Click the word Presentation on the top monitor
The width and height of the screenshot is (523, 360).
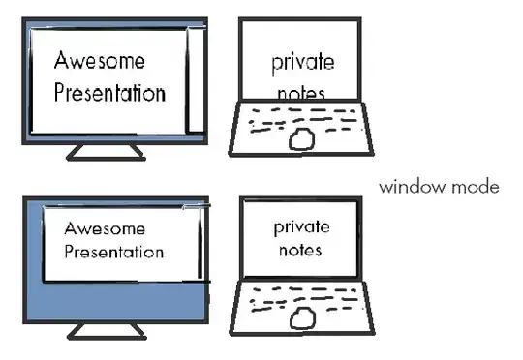[110, 94]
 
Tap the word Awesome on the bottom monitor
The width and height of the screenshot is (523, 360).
[105, 230]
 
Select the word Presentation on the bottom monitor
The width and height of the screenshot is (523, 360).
[114, 254]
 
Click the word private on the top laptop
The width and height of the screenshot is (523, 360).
[302, 63]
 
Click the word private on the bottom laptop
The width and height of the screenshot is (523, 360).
[301, 227]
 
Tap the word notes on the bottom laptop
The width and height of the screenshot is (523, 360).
[297, 249]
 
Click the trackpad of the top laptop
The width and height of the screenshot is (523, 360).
[302, 138]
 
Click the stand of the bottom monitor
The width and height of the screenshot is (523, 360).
[107, 331]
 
